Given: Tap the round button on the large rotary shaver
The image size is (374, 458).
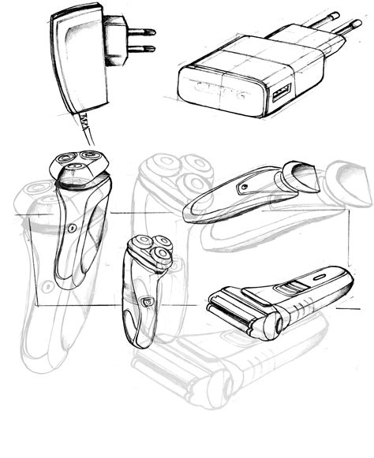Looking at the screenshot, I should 72,228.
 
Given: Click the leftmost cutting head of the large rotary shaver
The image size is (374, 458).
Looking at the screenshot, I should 63,160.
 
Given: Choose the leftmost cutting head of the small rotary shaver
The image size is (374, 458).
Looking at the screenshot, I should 144,244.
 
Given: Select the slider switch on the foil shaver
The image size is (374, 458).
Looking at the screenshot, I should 294,287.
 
